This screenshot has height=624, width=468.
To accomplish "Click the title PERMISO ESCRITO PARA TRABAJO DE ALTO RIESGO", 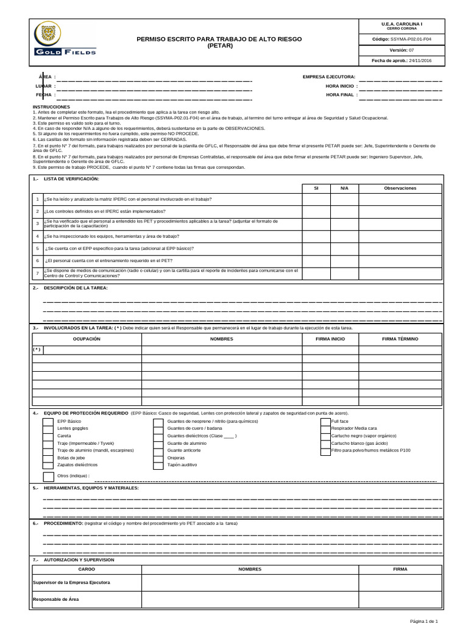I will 219,39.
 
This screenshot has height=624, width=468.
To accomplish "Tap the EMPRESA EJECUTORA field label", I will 328,77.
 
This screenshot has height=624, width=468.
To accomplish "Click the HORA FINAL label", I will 339,95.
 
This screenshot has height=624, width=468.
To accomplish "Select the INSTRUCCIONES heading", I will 52,106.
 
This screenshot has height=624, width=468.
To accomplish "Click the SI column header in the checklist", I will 316,188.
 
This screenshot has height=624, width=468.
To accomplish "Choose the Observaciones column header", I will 400,188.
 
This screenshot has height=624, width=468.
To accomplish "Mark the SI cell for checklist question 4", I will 316,236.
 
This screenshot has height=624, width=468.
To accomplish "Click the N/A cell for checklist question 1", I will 344,199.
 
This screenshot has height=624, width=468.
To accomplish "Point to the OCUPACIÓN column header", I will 87,338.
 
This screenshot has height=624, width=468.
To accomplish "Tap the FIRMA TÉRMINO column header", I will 400,338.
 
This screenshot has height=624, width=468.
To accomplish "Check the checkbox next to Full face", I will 325,421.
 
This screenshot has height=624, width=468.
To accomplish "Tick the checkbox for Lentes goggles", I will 47,428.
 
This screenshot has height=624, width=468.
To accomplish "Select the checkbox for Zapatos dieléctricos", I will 47,464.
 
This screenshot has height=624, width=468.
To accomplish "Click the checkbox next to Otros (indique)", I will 48,476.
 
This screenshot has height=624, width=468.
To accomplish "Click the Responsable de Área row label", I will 55,600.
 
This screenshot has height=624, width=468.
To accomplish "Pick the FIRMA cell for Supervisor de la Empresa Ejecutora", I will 400,583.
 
